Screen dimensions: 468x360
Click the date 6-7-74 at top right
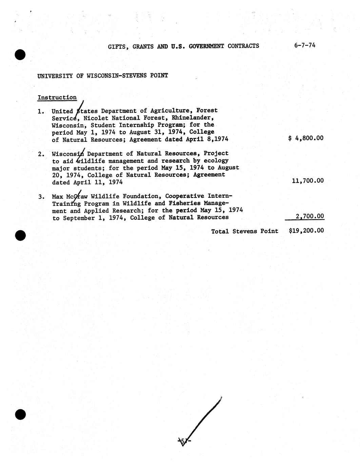[305, 45]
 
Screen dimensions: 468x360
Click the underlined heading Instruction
[57, 98]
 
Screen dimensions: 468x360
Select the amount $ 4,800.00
[306, 138]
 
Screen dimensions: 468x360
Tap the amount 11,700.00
[307, 181]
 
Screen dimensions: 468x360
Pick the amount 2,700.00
[309, 216]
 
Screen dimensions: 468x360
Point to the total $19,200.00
[306, 231]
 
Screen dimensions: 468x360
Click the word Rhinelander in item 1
[192, 118]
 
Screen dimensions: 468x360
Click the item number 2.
[41, 154]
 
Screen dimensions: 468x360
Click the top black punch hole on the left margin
[20, 54]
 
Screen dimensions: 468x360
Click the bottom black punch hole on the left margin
[20, 414]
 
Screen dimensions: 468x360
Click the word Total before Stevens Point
[220, 231]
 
